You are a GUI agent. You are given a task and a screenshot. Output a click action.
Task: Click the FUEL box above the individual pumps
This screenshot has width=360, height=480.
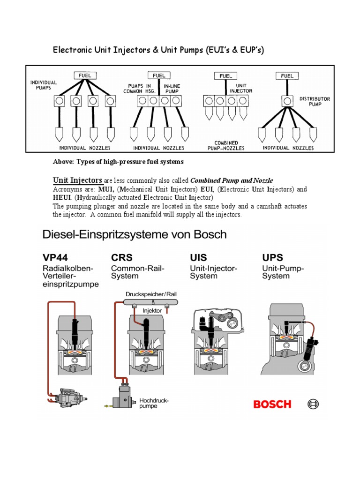coord(85,75)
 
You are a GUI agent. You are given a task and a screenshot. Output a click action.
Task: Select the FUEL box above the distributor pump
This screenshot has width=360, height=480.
coord(287,75)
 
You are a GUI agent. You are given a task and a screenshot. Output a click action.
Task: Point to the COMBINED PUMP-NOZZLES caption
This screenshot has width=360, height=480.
coord(226,145)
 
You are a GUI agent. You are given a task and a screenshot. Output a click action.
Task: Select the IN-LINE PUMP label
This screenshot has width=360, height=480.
coord(172,89)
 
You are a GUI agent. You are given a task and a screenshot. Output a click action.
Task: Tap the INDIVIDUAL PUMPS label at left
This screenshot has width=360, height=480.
coord(44,85)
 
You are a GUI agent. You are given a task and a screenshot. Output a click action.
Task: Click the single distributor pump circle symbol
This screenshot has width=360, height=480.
coord(287,101)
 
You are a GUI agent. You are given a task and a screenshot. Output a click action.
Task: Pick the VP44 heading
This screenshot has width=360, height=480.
coord(54,257)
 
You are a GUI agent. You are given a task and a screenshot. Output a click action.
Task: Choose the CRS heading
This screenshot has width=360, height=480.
coord(122,257)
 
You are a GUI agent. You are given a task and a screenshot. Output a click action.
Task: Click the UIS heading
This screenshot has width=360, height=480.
coord(198,257)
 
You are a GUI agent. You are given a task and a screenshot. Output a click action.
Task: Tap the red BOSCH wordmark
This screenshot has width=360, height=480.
coord(272,404)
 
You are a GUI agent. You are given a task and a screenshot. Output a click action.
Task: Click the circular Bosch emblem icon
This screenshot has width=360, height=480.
coord(313,404)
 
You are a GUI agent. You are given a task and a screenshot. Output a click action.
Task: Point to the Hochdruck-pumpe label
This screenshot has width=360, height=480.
coord(153,404)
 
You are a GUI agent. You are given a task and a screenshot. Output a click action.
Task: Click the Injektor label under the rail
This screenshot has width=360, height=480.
coord(153,310)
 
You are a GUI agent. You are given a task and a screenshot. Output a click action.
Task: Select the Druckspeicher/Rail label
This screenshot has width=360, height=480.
coord(151,294)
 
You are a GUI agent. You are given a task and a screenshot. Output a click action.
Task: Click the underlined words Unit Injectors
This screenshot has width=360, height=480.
coord(77,180)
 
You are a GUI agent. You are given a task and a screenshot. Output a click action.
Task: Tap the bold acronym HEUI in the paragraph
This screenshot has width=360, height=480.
coord(61,198)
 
